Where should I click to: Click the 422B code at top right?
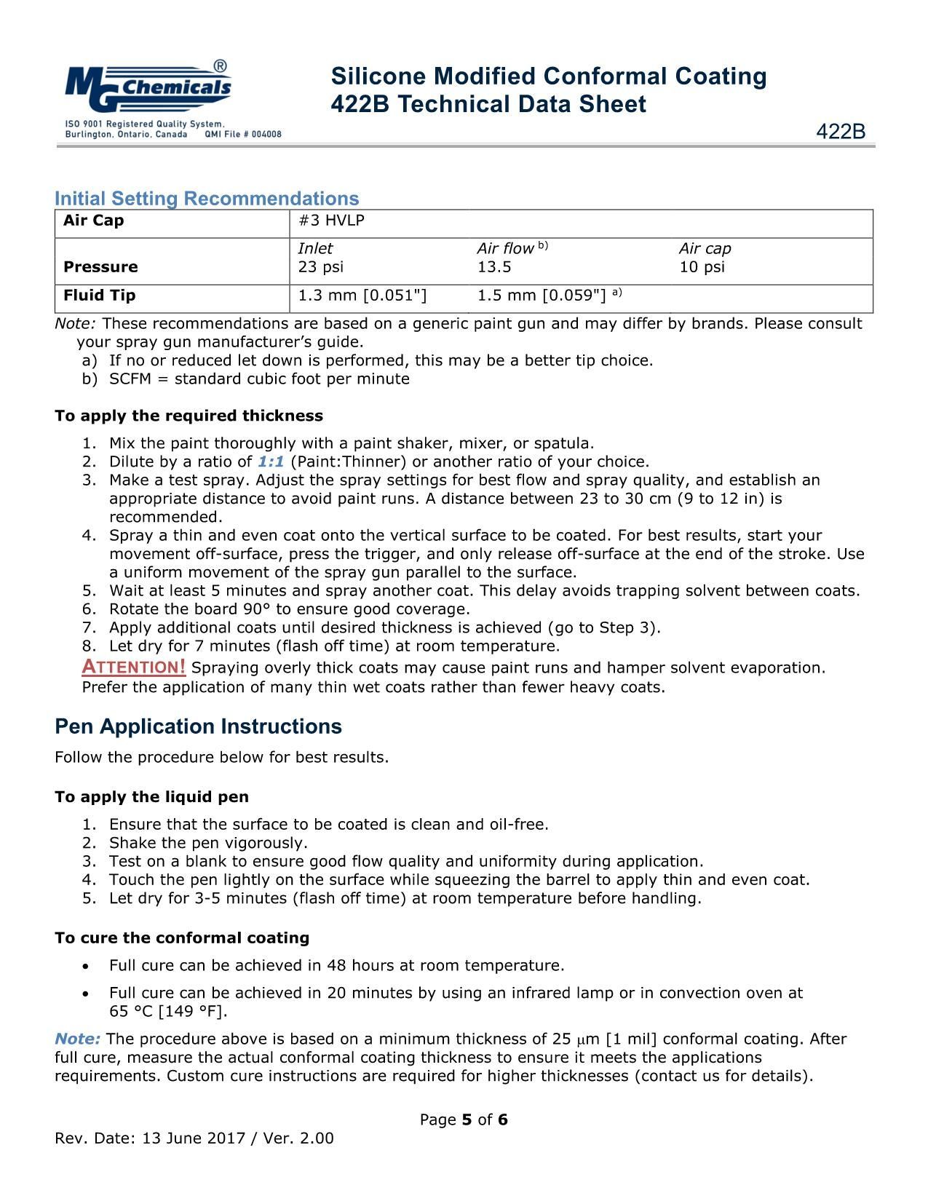point(841,132)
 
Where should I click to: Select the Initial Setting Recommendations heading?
point(207,199)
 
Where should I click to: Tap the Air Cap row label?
point(94,221)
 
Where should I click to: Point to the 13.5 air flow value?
point(494,267)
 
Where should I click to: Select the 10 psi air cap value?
point(702,267)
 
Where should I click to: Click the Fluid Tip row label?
point(99,296)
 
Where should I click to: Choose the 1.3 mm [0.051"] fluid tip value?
point(362,296)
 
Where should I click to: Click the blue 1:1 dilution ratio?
point(271,461)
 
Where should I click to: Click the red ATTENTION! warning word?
point(134,667)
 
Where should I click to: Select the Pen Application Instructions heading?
point(198,726)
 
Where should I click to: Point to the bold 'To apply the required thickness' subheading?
point(189,416)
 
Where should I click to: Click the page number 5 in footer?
point(467,1119)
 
